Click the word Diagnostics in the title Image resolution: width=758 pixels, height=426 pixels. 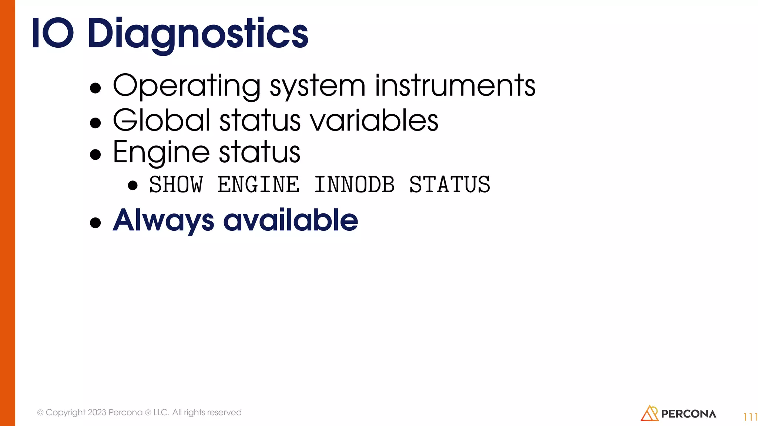198,34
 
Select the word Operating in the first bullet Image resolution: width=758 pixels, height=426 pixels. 187,86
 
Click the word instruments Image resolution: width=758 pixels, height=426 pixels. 455,86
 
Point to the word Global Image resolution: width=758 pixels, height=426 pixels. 161,120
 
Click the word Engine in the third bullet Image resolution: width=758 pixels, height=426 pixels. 161,152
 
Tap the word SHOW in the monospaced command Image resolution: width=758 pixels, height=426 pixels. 176,185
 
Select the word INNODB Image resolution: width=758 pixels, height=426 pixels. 354,185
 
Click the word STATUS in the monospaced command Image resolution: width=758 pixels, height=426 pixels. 450,185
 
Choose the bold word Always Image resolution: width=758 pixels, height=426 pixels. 163,221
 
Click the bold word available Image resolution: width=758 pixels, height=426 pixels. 291,220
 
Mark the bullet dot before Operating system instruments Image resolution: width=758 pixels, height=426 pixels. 95,88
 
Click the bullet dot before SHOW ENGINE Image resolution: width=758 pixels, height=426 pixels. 133,185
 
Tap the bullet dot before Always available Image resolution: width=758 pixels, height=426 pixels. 95,223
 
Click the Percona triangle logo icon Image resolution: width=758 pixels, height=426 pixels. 649,413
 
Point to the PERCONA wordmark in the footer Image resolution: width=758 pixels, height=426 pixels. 688,414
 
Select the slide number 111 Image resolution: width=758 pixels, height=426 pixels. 750,417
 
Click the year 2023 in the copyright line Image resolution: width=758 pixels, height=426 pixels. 97,412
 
